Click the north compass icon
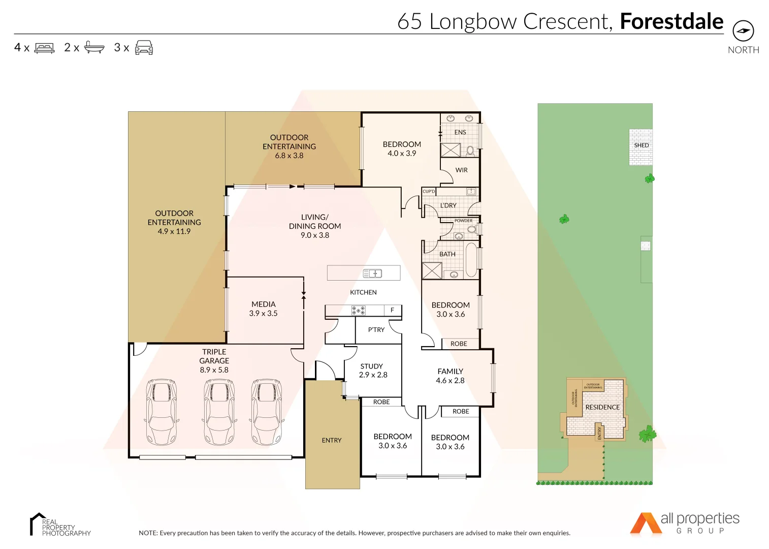[x=743, y=31]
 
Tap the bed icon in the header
[x=44, y=48]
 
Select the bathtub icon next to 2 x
[x=94, y=47]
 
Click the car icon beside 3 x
[x=144, y=47]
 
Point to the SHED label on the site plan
[x=641, y=145]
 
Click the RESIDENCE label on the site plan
[x=602, y=407]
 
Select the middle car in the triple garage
[x=219, y=411]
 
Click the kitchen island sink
[x=373, y=273]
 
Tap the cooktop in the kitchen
[x=358, y=310]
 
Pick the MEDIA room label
[x=263, y=304]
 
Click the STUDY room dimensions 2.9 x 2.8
[x=373, y=375]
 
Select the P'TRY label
[x=376, y=329]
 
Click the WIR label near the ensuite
[x=461, y=170]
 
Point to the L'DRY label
[x=448, y=205]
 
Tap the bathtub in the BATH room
[x=471, y=260]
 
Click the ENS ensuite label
[x=460, y=132]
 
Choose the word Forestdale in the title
[x=671, y=21]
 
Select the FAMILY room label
[x=450, y=372]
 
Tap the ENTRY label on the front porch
[x=332, y=440]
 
